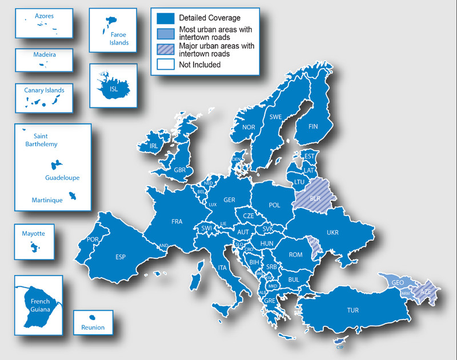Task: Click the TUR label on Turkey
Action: click(x=352, y=310)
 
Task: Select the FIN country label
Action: click(x=312, y=126)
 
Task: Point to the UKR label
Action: click(x=332, y=233)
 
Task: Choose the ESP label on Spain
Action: click(x=120, y=257)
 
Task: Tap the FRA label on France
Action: click(x=177, y=221)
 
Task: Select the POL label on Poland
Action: click(x=274, y=205)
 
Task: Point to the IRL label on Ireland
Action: click(x=153, y=146)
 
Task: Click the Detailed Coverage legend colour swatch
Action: click(x=165, y=18)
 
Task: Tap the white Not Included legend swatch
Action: click(x=165, y=65)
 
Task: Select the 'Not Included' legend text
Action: click(x=199, y=65)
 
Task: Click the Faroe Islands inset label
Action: click(x=119, y=38)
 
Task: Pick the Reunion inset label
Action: click(x=93, y=327)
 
